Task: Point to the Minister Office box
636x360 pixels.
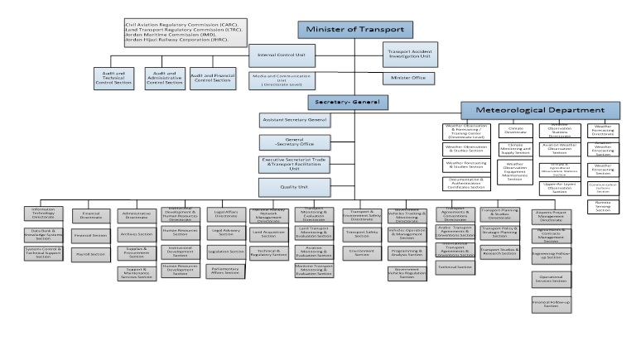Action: click(x=407, y=79)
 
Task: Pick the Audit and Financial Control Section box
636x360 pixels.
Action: click(x=213, y=79)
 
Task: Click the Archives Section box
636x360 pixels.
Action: click(x=136, y=234)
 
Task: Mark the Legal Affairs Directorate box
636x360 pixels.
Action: click(x=226, y=214)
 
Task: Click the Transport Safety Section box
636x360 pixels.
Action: click(x=362, y=233)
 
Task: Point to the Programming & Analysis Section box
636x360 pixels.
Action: click(x=407, y=253)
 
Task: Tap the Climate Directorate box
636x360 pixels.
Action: click(x=515, y=130)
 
